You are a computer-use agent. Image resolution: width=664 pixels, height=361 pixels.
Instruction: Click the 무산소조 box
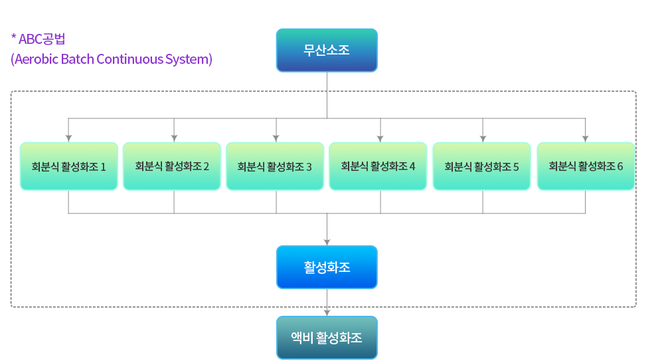coord(327,51)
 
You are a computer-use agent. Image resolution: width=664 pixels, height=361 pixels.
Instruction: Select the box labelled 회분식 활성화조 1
coord(68,166)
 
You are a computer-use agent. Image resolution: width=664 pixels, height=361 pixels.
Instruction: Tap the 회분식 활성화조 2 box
coord(172,166)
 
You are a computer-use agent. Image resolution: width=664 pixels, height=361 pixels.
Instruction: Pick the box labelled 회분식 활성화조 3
coord(275,166)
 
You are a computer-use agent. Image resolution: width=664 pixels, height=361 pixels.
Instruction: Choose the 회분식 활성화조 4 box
coord(378,166)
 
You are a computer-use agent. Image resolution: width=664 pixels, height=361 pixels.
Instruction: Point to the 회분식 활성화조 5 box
coord(481,166)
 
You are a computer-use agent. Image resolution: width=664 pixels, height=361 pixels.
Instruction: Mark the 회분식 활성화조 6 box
coord(586,166)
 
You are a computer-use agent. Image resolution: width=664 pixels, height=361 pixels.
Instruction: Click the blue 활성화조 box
coord(327,267)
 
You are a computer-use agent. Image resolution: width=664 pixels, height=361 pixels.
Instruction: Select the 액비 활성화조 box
coord(327,338)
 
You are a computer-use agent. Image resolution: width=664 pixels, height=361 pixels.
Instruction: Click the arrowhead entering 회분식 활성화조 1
coord(68,139)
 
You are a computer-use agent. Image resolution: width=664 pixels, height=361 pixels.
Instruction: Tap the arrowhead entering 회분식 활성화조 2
coord(174,139)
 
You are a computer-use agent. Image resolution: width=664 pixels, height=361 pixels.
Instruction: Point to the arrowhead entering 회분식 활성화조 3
coord(276,139)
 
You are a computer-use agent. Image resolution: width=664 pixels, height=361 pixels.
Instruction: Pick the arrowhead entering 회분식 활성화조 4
coord(380,139)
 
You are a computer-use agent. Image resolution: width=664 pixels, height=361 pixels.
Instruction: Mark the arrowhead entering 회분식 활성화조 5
coord(483,139)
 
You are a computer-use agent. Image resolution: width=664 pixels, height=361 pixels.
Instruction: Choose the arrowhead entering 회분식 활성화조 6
coord(585,139)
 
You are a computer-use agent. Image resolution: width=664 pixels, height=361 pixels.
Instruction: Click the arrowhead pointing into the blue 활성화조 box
coord(327,242)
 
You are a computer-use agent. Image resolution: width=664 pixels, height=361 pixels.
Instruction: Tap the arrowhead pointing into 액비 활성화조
coord(327,312)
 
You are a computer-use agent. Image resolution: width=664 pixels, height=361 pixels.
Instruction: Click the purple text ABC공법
coord(42,39)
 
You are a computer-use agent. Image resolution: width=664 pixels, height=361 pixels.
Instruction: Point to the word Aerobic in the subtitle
coord(37,59)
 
